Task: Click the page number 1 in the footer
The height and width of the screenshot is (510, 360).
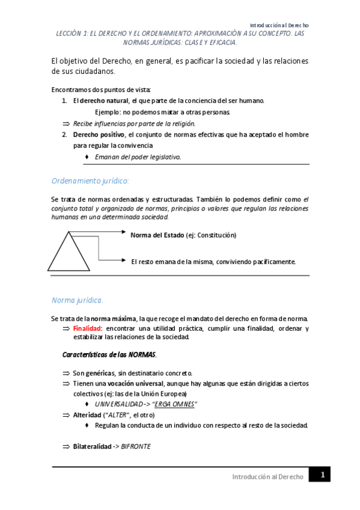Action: (x=322, y=475)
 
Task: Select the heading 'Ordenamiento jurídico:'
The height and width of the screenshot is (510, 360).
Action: (x=90, y=180)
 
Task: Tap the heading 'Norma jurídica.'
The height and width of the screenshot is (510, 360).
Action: (x=78, y=300)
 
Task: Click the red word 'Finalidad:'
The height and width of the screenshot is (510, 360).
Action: (x=88, y=328)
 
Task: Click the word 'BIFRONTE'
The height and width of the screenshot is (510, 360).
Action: (x=136, y=447)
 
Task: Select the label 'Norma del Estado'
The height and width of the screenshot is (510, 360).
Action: (x=157, y=235)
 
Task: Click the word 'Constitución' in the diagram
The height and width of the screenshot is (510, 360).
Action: (x=216, y=235)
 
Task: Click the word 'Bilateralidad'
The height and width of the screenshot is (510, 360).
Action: (x=93, y=447)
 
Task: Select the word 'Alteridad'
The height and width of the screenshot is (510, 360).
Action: (x=88, y=415)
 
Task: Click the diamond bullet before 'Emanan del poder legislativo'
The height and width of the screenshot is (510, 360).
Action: (x=88, y=156)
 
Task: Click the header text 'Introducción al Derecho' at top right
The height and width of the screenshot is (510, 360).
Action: (x=279, y=25)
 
